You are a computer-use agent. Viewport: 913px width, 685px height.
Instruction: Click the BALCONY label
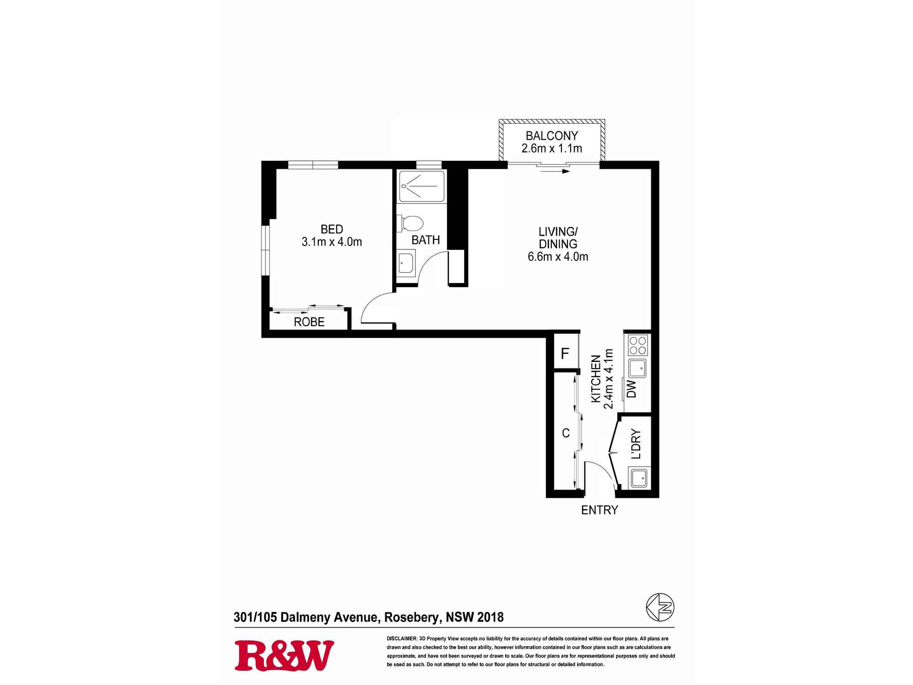coord(552,136)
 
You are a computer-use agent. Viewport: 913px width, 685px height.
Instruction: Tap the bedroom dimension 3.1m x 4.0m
coord(332,242)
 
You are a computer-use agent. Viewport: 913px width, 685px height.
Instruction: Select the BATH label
coord(425,240)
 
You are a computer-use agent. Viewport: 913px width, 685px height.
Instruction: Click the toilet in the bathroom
coord(411,223)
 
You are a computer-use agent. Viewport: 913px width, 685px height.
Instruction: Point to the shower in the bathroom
coord(422,186)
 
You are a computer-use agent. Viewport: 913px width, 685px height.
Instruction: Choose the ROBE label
coord(309,322)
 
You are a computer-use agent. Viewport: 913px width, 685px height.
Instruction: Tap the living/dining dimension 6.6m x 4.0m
coord(558,257)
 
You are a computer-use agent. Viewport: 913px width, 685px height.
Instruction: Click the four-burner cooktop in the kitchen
coord(638,345)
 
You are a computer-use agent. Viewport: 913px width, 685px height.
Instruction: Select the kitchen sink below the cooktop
coord(638,368)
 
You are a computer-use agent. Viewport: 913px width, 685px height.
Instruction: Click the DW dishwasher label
coord(632,389)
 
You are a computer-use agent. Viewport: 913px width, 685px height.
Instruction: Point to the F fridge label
coord(565,353)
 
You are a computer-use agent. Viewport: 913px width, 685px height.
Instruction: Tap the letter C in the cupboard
coord(566,433)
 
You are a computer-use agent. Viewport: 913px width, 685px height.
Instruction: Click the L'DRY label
coord(636,444)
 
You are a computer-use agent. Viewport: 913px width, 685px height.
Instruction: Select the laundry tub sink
coord(639,478)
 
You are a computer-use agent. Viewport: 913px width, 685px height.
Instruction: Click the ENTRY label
coord(599,510)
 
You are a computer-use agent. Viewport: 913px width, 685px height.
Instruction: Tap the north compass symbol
coord(660,607)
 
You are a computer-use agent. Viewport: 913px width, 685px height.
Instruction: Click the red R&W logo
coord(284,656)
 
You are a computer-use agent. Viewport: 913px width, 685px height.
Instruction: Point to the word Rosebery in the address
coord(413,617)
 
